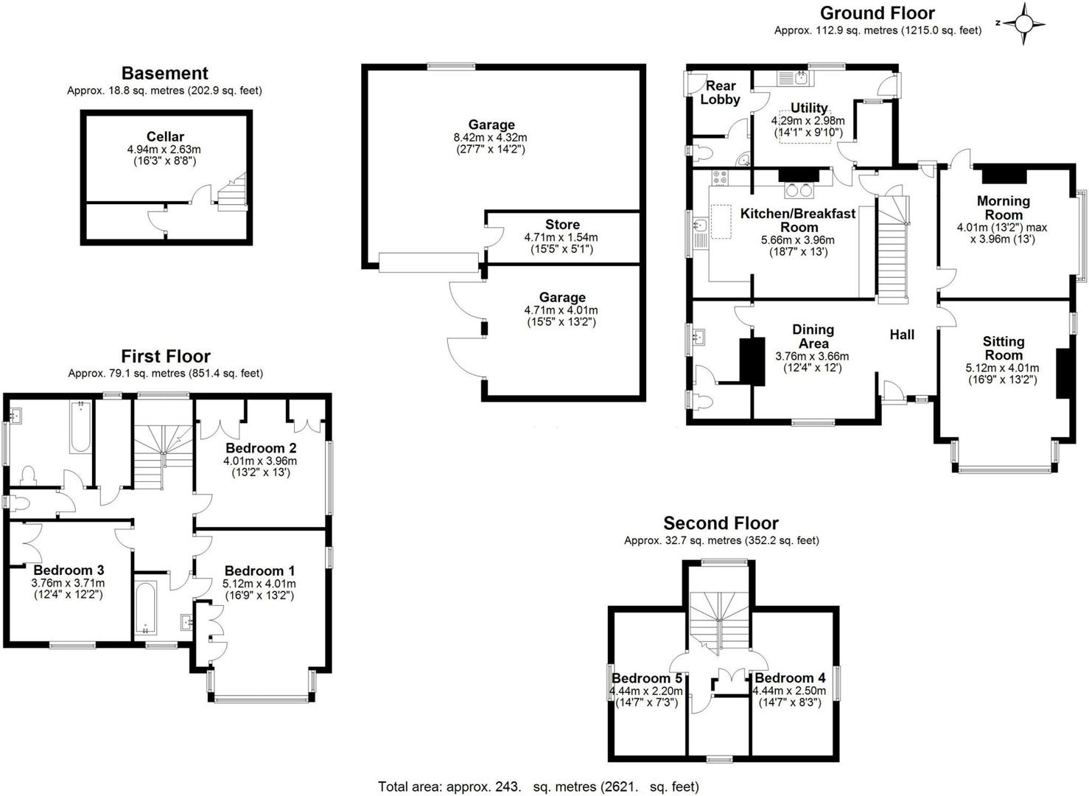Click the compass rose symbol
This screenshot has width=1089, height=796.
(x=1024, y=24)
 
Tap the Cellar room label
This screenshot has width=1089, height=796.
(x=165, y=136)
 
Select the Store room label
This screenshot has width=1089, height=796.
(x=562, y=225)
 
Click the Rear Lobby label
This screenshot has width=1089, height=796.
(x=720, y=92)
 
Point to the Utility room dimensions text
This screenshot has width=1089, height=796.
(x=808, y=127)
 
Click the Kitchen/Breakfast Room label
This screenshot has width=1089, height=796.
(x=798, y=220)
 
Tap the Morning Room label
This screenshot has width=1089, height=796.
(x=1003, y=207)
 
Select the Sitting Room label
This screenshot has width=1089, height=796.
(x=1003, y=348)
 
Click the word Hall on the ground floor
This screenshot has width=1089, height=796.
(x=902, y=335)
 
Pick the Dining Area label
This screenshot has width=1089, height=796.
(x=813, y=336)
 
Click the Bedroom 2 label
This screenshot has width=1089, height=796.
(x=261, y=448)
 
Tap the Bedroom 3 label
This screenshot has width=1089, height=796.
(x=69, y=570)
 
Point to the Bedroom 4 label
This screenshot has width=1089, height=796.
(x=790, y=678)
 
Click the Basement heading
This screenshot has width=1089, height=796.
(x=164, y=73)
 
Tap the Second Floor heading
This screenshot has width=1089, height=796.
(x=721, y=523)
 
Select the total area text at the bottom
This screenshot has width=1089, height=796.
(x=538, y=786)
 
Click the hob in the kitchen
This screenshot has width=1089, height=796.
(x=720, y=178)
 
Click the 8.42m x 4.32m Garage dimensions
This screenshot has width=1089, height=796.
(x=491, y=137)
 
